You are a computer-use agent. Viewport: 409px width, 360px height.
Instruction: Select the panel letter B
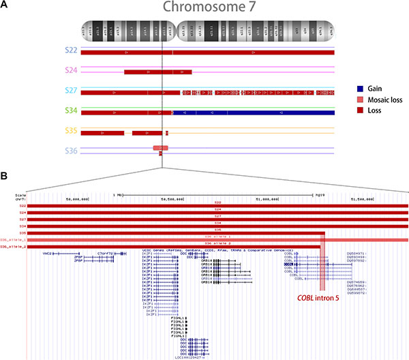[x=5, y=175]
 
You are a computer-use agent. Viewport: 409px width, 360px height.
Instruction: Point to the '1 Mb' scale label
[x=118, y=194]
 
